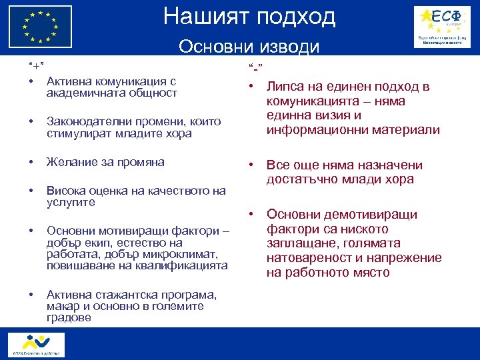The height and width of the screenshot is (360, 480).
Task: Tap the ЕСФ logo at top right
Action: [441, 26]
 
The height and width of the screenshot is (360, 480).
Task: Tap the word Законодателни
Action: [84, 122]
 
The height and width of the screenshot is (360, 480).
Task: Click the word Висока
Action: [64, 191]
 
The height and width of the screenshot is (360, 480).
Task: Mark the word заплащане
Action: [299, 243]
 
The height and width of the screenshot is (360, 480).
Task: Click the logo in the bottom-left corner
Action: [34, 343]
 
